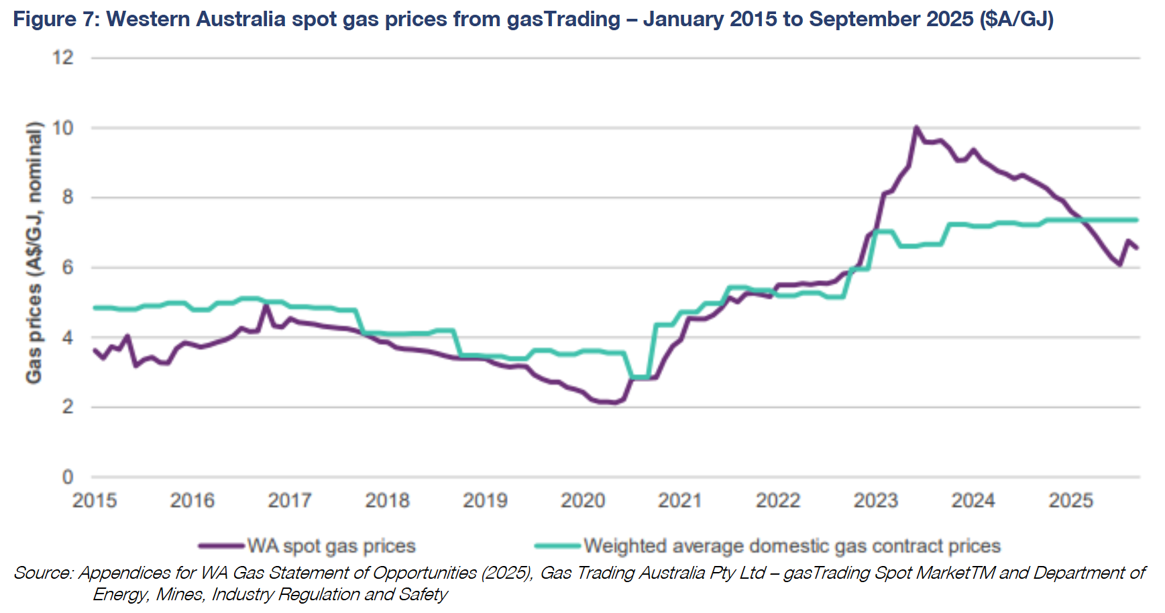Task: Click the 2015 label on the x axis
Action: [x=95, y=500]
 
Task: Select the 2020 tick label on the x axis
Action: [x=583, y=500]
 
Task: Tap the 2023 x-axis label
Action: [x=875, y=500]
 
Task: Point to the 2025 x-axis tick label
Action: [x=1070, y=500]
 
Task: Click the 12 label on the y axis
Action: [x=63, y=58]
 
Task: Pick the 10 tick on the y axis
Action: [x=63, y=128]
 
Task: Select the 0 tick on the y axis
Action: [x=67, y=477]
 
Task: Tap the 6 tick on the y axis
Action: [x=67, y=267]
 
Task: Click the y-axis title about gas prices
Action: [x=34, y=252]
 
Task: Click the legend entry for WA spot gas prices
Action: [x=331, y=546]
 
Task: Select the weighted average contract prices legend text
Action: [x=791, y=546]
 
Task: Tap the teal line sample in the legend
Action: [x=557, y=546]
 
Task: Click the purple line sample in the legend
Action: [x=221, y=546]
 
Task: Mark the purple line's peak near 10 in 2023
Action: [x=916, y=127]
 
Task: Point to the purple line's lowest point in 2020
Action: [x=614, y=403]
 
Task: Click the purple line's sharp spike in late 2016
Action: [x=266, y=305]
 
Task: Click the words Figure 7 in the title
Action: [x=55, y=19]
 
